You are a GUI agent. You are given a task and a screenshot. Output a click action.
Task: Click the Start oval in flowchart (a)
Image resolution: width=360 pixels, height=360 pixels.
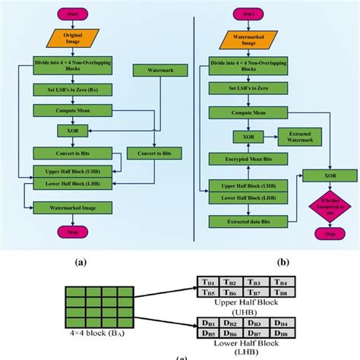coord(72,13)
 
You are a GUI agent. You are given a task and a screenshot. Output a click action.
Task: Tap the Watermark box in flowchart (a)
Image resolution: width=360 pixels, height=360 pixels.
coord(154,70)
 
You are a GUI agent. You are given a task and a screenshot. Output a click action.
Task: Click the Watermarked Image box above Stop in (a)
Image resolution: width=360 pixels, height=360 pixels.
coord(72,207)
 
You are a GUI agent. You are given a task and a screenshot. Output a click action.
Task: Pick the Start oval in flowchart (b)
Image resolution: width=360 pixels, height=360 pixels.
coord(248,13)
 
